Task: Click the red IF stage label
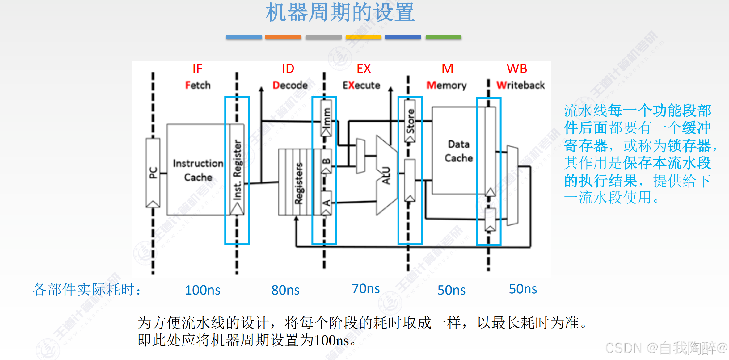click(x=197, y=69)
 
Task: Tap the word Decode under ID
click(x=290, y=85)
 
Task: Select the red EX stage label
click(x=364, y=69)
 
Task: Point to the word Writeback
click(x=520, y=85)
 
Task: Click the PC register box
click(x=153, y=173)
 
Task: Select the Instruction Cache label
click(x=198, y=170)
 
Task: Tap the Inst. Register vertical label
click(x=237, y=170)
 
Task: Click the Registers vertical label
click(x=299, y=183)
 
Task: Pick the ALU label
click(x=386, y=175)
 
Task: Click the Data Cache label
click(x=459, y=151)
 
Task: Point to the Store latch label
click(x=410, y=121)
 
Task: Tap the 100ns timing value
click(x=203, y=290)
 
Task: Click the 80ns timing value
click(x=285, y=290)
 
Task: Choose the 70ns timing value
click(x=366, y=289)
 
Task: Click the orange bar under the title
click(x=283, y=37)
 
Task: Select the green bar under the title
click(x=443, y=37)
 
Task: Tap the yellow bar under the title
click(x=363, y=37)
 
